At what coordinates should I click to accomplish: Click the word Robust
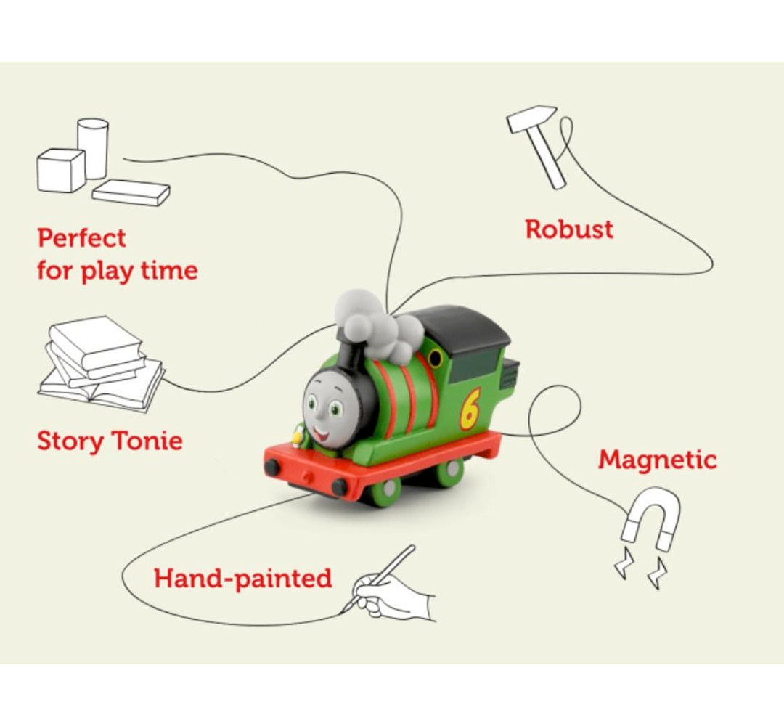pyautogui.click(x=569, y=229)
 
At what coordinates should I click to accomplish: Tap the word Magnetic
pyautogui.click(x=658, y=460)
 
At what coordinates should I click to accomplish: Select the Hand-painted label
pyautogui.click(x=242, y=579)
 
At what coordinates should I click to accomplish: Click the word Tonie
pyautogui.click(x=147, y=441)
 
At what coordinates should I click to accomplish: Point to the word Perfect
pyautogui.click(x=81, y=238)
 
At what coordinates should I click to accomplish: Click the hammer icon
pyautogui.click(x=536, y=147)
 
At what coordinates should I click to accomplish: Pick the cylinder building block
pyautogui.click(x=92, y=149)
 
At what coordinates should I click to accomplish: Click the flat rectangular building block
pyautogui.click(x=131, y=192)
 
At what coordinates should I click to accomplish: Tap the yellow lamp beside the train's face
pyautogui.click(x=298, y=438)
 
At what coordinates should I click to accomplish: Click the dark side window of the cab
pyautogui.click(x=474, y=366)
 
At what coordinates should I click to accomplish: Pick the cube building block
pyautogui.click(x=61, y=170)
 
